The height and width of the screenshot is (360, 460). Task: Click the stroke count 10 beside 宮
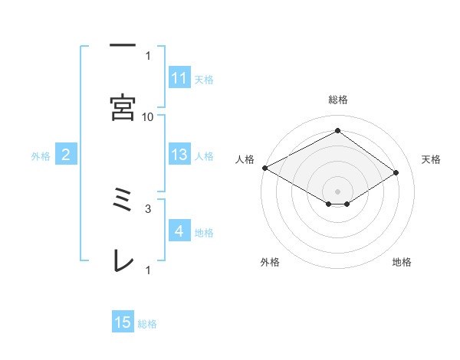point(148,116)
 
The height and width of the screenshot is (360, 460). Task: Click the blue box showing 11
point(179,78)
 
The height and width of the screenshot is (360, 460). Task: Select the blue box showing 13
point(179,155)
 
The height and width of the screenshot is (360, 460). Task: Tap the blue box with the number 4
point(179,231)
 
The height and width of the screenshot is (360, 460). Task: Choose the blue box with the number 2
point(66,155)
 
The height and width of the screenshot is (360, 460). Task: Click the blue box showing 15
point(123,322)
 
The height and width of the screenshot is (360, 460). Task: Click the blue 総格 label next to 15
point(147,324)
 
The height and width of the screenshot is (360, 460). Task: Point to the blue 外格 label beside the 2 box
point(41,156)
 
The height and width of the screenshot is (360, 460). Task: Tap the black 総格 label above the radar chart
point(337,100)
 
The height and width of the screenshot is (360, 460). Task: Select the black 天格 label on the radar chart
point(432,159)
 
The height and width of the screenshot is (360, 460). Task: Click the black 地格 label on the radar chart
point(402,262)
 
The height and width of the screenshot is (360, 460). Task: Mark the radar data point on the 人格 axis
point(264,167)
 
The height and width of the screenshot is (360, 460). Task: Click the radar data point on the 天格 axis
point(396,172)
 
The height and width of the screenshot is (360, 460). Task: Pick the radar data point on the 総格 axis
point(337,131)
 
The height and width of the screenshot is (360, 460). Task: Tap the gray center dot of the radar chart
point(337,191)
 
